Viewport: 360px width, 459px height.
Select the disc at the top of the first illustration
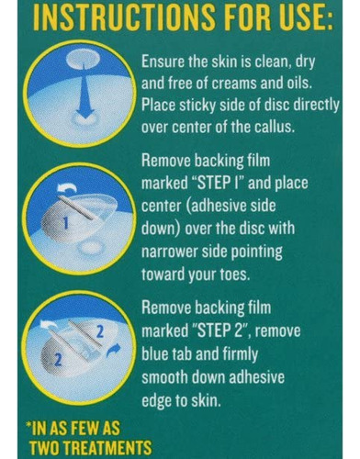pos(83,59)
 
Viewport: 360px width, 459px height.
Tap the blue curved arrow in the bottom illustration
pos(114,350)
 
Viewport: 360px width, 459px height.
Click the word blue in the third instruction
pos(155,354)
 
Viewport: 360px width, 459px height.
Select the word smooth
pos(165,376)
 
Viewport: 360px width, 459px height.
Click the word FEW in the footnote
pos(85,428)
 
